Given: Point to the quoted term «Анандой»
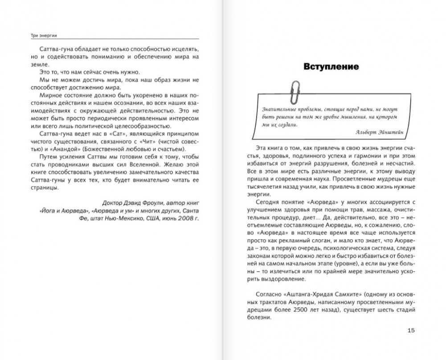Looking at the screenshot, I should pos(57,149).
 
